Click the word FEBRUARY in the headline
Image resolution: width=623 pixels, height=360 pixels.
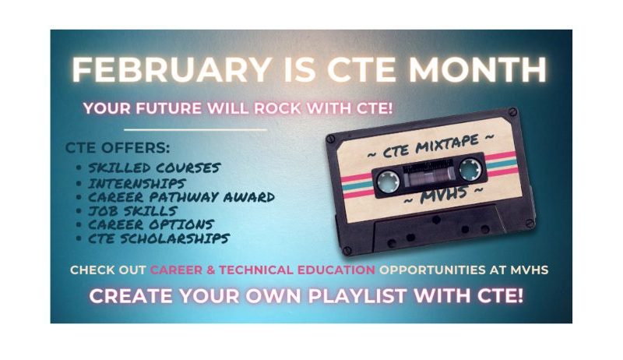point(171,69)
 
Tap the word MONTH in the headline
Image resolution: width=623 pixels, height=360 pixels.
point(477,69)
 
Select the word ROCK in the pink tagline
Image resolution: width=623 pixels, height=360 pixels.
point(277,108)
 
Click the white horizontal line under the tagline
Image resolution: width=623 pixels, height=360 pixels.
point(195,129)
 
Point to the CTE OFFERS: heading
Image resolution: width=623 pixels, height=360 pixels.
point(118,148)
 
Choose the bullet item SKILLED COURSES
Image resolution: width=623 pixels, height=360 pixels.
point(154,168)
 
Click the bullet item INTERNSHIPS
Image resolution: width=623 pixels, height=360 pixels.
point(137,183)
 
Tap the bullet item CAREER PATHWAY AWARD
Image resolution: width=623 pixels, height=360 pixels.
point(181,197)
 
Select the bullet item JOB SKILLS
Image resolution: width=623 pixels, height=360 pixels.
point(132,210)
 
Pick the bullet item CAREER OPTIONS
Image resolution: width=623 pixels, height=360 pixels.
point(151,224)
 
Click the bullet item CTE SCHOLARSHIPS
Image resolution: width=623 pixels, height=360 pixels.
point(159,238)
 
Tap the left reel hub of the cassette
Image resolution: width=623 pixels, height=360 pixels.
point(387,181)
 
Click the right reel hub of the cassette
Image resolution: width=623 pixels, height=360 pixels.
point(470,169)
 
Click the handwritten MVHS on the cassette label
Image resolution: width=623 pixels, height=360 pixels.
point(443,195)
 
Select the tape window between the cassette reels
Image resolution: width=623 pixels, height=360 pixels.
point(429,175)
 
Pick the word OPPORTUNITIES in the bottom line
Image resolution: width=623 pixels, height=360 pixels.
point(432,270)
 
